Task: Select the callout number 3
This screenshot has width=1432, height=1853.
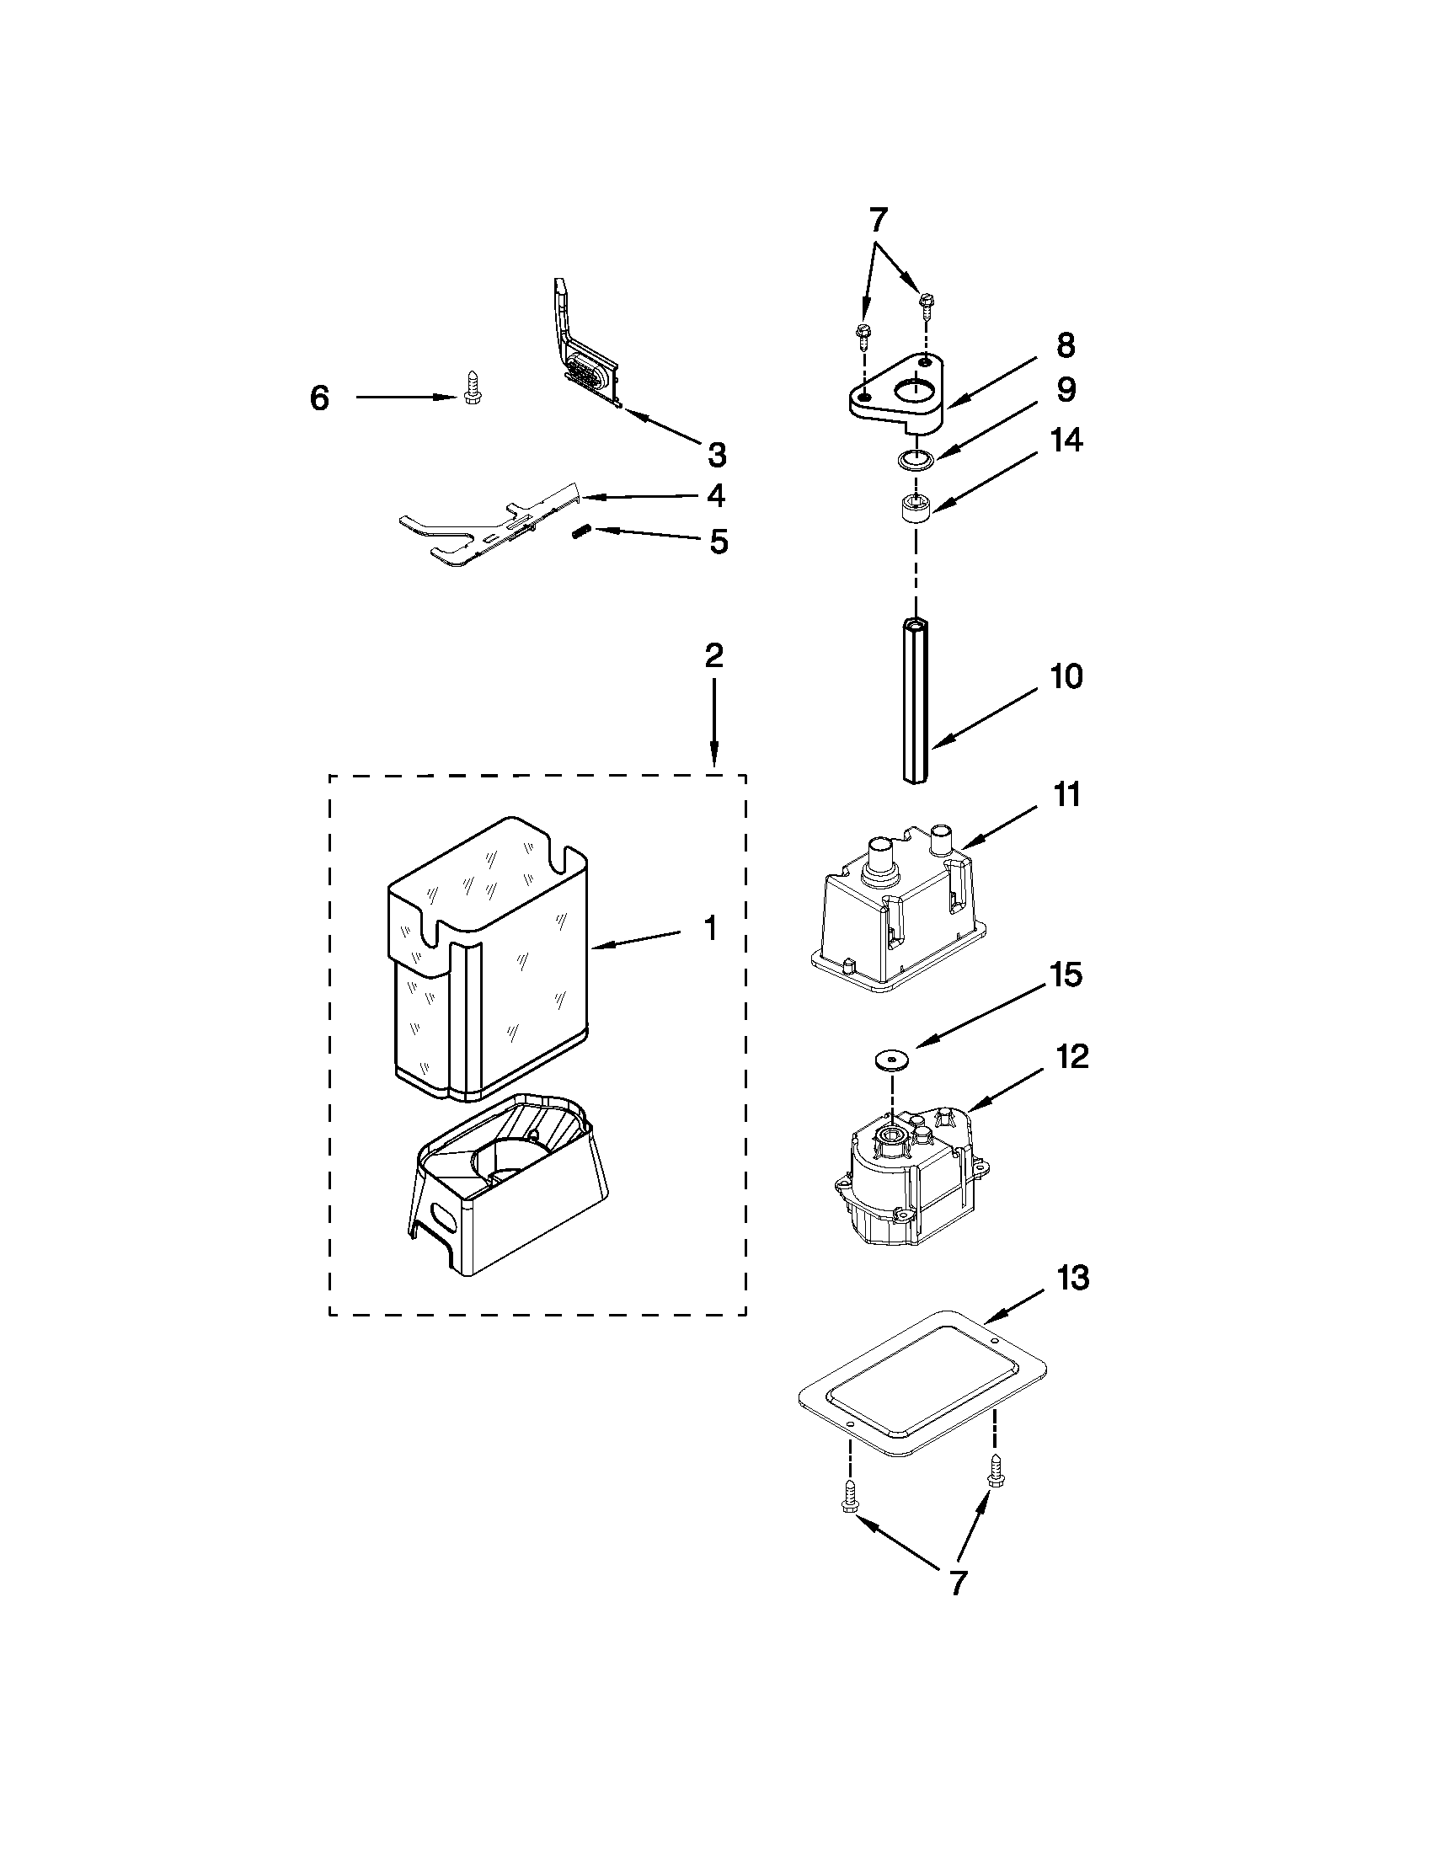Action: [x=717, y=456]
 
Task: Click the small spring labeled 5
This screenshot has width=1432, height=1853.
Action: [x=580, y=531]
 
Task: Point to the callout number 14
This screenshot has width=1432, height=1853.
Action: [x=1066, y=441]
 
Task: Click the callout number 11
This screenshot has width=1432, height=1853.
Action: [x=1066, y=795]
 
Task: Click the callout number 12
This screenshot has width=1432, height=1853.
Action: [x=1072, y=1057]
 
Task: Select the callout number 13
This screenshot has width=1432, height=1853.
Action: [x=1072, y=1278]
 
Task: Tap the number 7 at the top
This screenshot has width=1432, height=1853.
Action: [x=877, y=221]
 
